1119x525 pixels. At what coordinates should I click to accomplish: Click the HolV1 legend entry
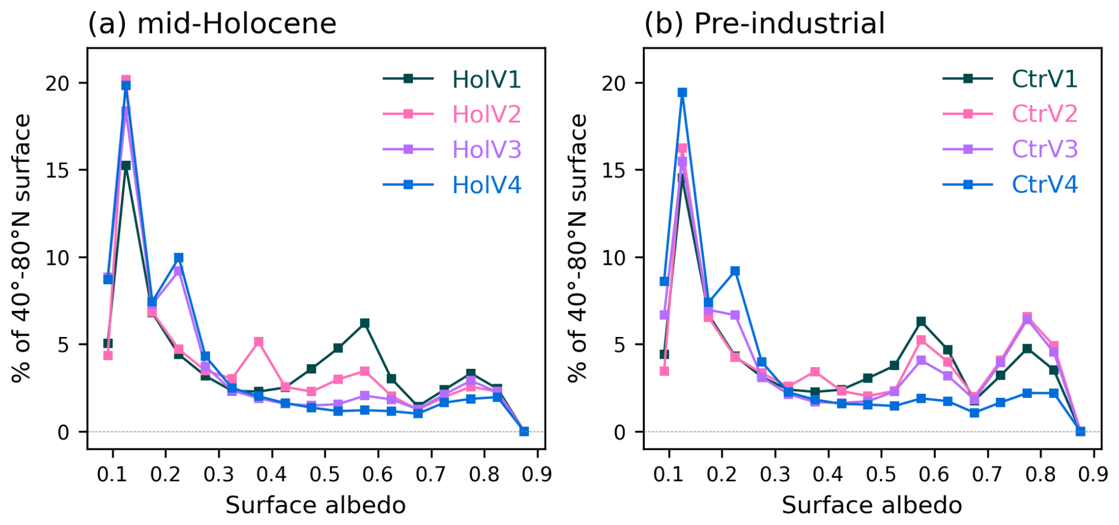(x=486, y=79)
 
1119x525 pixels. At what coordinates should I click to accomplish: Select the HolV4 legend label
(x=486, y=185)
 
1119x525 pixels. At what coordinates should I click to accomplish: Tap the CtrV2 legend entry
(x=1044, y=114)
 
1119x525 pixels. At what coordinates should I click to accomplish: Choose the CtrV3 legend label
(x=1044, y=149)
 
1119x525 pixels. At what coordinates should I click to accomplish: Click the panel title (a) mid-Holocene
(x=212, y=24)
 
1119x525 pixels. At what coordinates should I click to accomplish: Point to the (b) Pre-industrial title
(x=764, y=24)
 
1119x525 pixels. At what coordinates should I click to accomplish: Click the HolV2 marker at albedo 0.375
(x=258, y=342)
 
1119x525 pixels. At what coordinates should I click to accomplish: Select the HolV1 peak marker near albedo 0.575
(x=364, y=323)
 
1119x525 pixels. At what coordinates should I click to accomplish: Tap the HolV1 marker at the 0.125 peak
(x=126, y=166)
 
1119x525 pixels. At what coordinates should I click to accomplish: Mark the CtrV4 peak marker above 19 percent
(x=683, y=92)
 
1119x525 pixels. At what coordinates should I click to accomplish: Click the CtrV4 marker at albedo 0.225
(x=735, y=271)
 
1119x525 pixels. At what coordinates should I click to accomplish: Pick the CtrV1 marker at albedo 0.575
(x=921, y=321)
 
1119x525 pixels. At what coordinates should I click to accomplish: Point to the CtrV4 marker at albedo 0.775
(x=1027, y=393)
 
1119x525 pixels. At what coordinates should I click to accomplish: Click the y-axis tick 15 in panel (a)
(x=57, y=170)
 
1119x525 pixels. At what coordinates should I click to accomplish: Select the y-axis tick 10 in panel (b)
(x=614, y=258)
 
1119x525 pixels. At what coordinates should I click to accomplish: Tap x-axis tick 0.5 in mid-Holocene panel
(x=325, y=474)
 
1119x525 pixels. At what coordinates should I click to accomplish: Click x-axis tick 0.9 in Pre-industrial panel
(x=1094, y=474)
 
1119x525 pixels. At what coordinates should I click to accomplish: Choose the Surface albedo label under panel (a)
(x=316, y=505)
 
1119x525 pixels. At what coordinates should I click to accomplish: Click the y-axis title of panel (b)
(x=578, y=248)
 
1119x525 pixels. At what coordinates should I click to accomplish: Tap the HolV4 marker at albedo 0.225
(x=179, y=258)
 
